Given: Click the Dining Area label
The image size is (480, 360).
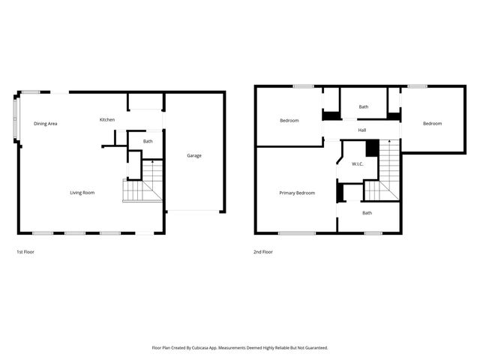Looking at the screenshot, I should tap(45, 124).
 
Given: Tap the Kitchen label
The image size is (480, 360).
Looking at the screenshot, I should tap(107, 120).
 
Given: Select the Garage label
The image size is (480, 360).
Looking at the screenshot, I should tap(194, 155).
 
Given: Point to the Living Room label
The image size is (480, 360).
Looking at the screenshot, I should tap(82, 193).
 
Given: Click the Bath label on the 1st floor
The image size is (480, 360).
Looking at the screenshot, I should tap(148, 142).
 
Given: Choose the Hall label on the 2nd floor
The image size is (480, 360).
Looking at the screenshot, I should tap(362, 130).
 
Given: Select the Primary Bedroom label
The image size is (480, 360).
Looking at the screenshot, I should tap(297, 193).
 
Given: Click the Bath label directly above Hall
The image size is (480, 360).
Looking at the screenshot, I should tap(364, 107).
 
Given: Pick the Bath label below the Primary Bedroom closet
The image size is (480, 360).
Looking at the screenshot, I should tap(367, 213).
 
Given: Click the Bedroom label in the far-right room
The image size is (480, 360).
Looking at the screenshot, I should tap(432, 124).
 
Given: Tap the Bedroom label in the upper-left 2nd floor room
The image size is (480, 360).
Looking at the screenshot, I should tap(289, 121).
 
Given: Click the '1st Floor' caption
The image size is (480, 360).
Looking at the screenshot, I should tap(25, 252).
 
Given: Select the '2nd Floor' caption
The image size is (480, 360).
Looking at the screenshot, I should tap(262, 252).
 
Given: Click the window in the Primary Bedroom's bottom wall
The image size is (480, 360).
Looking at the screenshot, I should tap(297, 233).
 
